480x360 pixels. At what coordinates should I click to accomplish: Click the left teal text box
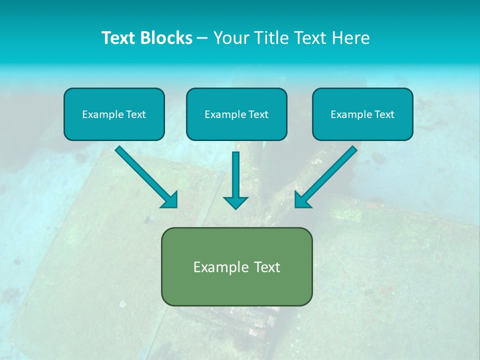click(x=114, y=114)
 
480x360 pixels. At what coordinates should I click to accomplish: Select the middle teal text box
click(x=236, y=114)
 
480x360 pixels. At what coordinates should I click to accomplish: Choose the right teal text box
click(x=362, y=114)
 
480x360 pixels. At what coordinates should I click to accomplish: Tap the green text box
click(x=236, y=266)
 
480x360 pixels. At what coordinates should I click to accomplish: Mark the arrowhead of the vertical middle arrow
click(x=235, y=201)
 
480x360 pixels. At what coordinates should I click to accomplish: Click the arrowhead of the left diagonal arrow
click(x=170, y=200)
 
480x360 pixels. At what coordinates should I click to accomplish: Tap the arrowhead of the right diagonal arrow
click(x=302, y=200)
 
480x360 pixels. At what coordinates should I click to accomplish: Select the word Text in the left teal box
click(x=136, y=114)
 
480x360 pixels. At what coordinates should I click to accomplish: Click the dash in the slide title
click(x=202, y=38)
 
